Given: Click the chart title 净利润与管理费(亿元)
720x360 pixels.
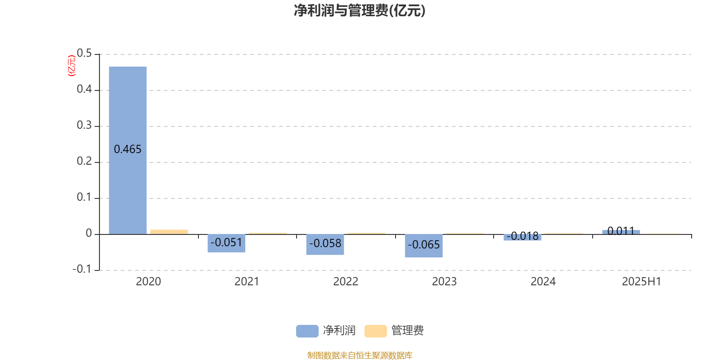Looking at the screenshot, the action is click(360, 11).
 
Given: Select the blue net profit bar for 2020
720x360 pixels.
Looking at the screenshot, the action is click(128, 150).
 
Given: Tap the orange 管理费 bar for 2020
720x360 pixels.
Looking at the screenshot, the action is click(169, 232).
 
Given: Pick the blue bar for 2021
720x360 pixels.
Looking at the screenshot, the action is click(226, 243).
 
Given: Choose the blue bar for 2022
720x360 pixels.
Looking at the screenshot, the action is click(325, 245).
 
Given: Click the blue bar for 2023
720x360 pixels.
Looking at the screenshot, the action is click(423, 246).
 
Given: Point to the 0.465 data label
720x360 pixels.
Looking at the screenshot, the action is click(128, 149).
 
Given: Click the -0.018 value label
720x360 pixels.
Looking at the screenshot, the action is click(522, 236).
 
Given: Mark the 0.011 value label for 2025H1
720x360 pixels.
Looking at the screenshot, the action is click(621, 231).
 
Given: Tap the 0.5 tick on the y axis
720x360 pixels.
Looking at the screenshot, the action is click(84, 53).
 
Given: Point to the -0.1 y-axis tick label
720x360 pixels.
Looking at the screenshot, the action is click(82, 269).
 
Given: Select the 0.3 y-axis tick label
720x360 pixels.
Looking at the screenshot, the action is click(84, 125).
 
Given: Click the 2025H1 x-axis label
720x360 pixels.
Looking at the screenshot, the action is click(642, 282).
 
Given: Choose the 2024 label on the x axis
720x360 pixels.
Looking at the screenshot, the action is click(543, 282).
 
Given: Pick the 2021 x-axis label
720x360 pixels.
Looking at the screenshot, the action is click(247, 282).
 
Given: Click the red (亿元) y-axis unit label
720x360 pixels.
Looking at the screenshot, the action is click(72, 66).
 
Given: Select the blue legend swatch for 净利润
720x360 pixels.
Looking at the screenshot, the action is click(307, 331).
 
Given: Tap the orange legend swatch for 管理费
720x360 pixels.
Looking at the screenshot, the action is click(375, 331).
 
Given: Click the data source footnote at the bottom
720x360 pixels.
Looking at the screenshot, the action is click(360, 355).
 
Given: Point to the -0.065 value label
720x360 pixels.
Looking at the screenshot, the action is click(423, 245).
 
